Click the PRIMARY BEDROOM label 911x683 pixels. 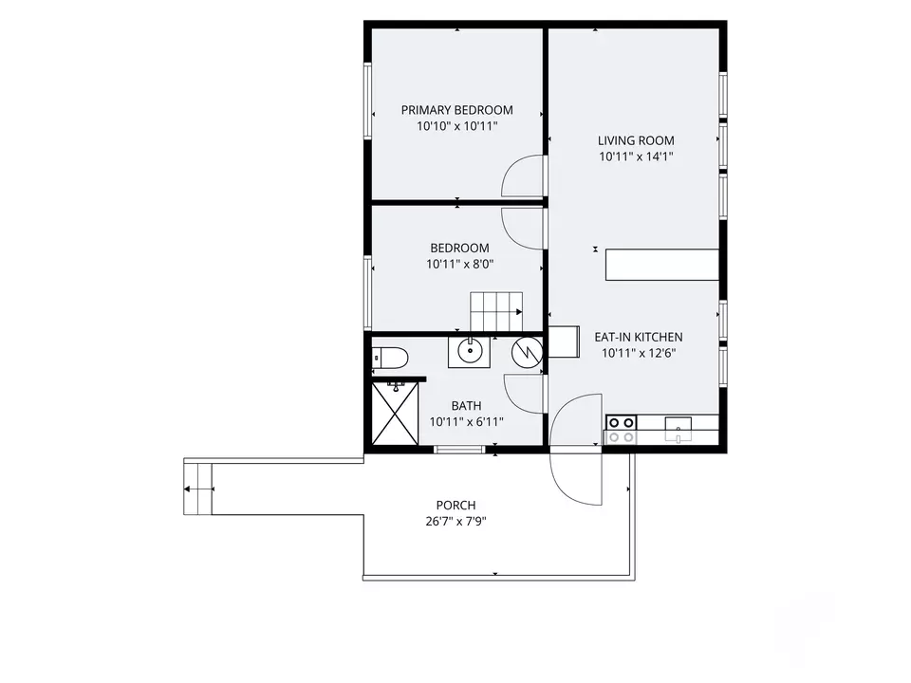coord(456,110)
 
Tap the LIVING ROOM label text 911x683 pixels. coord(636,140)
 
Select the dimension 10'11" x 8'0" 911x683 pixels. coord(459,265)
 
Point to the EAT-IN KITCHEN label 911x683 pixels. coord(638,337)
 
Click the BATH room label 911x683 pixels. coord(466,406)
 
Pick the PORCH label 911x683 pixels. coord(455,506)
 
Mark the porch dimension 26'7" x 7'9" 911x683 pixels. coord(455,522)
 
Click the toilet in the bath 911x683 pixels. coord(390,357)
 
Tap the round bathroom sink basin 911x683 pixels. coord(468,351)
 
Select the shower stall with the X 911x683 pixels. coord(395,413)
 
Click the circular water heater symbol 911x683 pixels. coord(527,352)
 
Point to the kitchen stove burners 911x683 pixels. coord(621,430)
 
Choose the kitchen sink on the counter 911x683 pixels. coord(678,430)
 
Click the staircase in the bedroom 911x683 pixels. coord(496,311)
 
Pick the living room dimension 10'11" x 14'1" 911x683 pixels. coord(636,157)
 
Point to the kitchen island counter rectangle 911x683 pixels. coord(661,265)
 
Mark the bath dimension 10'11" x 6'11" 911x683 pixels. coord(466,422)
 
